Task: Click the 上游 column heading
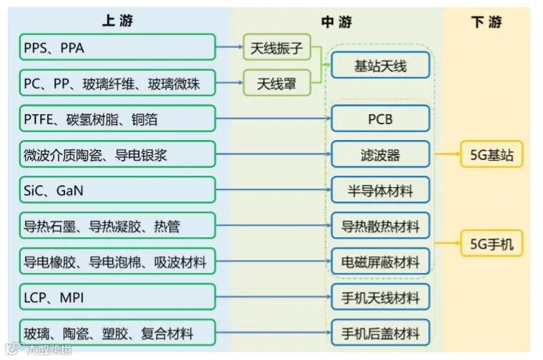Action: [118, 21]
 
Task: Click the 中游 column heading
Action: [336, 22]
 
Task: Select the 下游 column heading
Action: [487, 22]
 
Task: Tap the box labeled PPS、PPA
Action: [118, 47]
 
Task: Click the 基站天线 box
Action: [380, 66]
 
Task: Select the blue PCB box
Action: [380, 119]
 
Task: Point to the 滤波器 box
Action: [380, 154]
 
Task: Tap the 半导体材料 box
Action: [380, 190]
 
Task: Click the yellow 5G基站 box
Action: [491, 154]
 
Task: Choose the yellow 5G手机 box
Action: [491, 244]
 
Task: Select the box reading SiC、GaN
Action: [118, 190]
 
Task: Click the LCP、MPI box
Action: [118, 297]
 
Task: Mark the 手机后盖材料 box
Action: [380, 332]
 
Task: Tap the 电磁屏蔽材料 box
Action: [380, 261]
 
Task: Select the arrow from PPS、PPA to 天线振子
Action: [229, 48]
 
